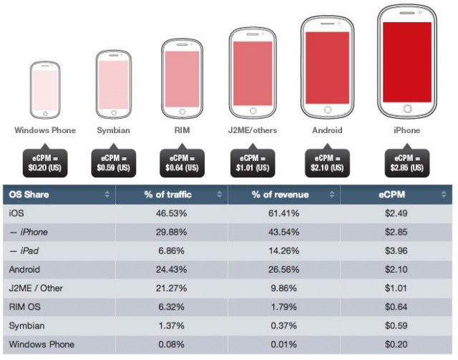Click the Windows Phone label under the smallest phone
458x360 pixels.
click(44, 131)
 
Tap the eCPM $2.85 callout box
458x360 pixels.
click(407, 163)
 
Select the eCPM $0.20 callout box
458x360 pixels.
click(44, 163)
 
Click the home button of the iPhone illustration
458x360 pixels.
click(407, 109)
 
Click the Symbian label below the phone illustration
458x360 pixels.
click(114, 131)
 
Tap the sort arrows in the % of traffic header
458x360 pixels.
click(220, 195)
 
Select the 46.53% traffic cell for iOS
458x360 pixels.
click(171, 213)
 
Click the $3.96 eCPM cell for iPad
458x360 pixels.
click(396, 250)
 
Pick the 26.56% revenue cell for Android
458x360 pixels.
click(283, 269)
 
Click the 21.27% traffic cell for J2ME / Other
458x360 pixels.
click(171, 288)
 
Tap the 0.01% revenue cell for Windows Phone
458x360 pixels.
click(283, 344)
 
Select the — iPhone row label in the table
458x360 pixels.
click(29, 232)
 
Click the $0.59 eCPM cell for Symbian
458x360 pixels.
click(396, 325)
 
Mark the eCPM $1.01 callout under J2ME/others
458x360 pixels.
click(253, 163)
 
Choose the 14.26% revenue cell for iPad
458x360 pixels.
click(283, 250)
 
